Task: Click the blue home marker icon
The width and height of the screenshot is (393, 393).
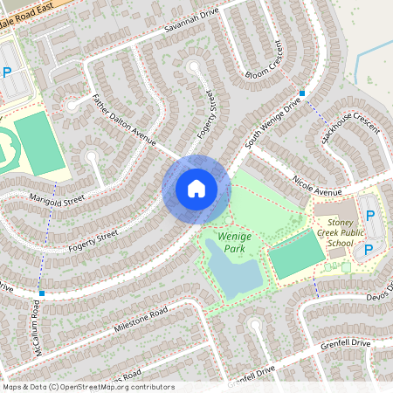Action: pyautogui.click(x=196, y=189)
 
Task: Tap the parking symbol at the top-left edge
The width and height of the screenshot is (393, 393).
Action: pyautogui.click(x=7, y=73)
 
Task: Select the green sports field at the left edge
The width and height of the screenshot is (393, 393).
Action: pyautogui.click(x=40, y=141)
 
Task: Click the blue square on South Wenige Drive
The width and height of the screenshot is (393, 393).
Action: pyautogui.click(x=302, y=93)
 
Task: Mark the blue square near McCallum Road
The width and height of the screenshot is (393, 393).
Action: pyautogui.click(x=41, y=293)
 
